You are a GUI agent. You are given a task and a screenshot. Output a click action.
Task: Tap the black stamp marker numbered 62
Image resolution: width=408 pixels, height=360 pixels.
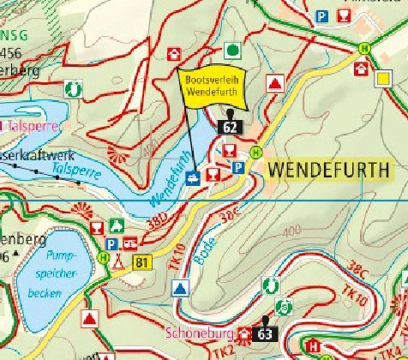click(x=230, y=125)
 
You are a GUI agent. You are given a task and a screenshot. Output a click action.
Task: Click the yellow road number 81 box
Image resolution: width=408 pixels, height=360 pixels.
click(x=141, y=262)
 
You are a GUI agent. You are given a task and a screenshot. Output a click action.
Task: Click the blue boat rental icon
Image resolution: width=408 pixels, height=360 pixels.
click(x=194, y=176)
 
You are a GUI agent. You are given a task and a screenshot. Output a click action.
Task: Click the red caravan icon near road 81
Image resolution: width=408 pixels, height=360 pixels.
click(x=130, y=243)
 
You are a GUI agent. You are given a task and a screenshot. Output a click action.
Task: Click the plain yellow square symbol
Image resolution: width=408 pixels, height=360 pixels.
click(x=383, y=79)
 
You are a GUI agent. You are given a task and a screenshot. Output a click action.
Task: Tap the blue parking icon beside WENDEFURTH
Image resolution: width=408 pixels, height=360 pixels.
click(x=241, y=168)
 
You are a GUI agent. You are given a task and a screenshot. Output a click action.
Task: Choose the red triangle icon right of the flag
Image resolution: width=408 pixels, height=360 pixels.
click(x=274, y=83)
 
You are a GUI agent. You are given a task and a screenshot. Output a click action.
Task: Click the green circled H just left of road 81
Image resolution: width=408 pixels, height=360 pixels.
click(x=105, y=255)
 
